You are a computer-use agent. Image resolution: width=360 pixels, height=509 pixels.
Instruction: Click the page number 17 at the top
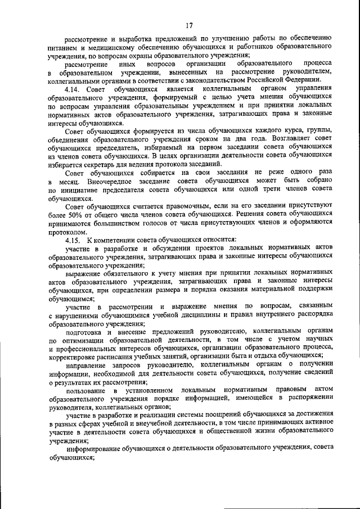[190, 25]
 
